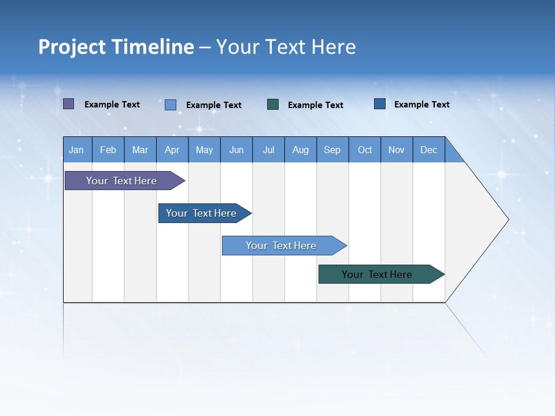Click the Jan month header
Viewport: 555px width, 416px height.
[x=77, y=150]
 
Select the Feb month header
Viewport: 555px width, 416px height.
[x=108, y=150]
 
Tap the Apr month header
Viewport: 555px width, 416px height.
[x=172, y=150]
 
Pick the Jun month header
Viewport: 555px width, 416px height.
[x=236, y=150]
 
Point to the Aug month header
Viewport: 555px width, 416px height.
[x=300, y=150]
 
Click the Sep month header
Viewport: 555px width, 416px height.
[x=332, y=150]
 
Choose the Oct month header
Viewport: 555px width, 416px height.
[x=365, y=150]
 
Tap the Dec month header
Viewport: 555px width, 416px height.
[x=428, y=150]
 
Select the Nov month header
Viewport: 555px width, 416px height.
[x=397, y=150]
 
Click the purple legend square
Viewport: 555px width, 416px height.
[x=69, y=104]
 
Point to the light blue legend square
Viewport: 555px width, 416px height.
[x=171, y=105]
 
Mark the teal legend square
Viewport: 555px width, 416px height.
[x=273, y=105]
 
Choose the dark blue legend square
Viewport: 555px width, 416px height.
[x=380, y=104]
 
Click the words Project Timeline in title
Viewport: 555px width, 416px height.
[x=116, y=47]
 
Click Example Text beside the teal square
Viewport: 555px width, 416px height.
[x=316, y=105]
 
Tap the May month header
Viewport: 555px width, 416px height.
[x=204, y=150]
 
